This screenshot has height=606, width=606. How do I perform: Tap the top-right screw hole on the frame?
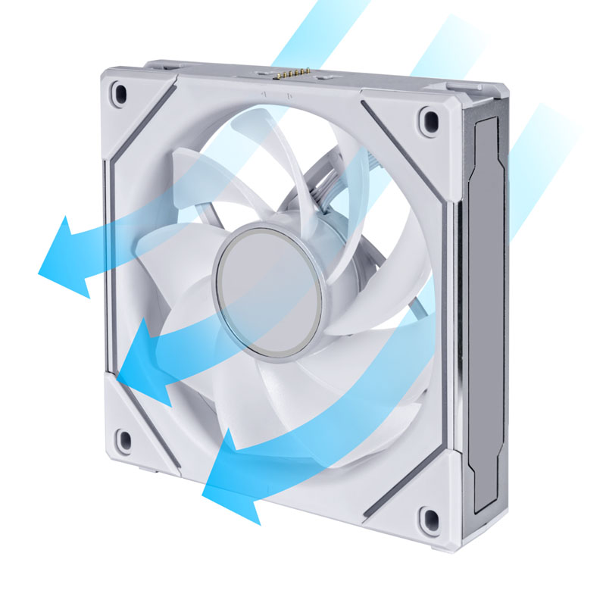click(430, 120)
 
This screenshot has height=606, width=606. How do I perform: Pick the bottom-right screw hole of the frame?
click(429, 518)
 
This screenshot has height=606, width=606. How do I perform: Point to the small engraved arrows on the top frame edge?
click(277, 95)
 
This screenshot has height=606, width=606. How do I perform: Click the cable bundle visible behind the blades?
click(318, 182)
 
